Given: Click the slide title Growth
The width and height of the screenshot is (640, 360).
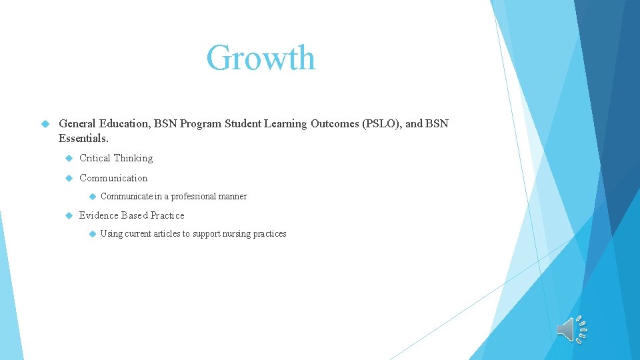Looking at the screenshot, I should pyautogui.click(x=261, y=58).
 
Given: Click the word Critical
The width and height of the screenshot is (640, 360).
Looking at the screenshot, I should pyautogui.click(x=95, y=158).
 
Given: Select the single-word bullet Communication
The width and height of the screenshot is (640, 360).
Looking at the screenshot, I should pyautogui.click(x=113, y=178).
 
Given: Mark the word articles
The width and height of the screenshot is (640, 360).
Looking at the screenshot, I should pyautogui.click(x=167, y=234).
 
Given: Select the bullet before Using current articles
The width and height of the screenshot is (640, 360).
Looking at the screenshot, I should pyautogui.click(x=91, y=234).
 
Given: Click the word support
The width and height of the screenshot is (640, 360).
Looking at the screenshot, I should pyautogui.click(x=205, y=234).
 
